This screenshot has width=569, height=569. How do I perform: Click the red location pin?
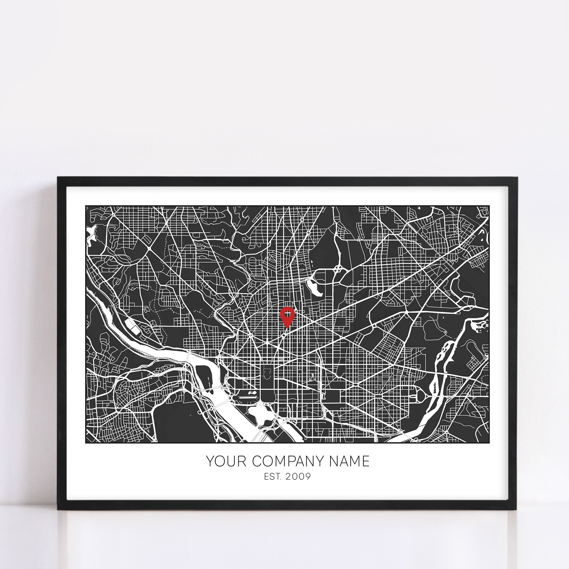point(287,316)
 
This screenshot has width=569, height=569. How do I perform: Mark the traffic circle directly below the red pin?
point(284,335)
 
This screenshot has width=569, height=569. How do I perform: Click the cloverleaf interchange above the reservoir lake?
point(337,269)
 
